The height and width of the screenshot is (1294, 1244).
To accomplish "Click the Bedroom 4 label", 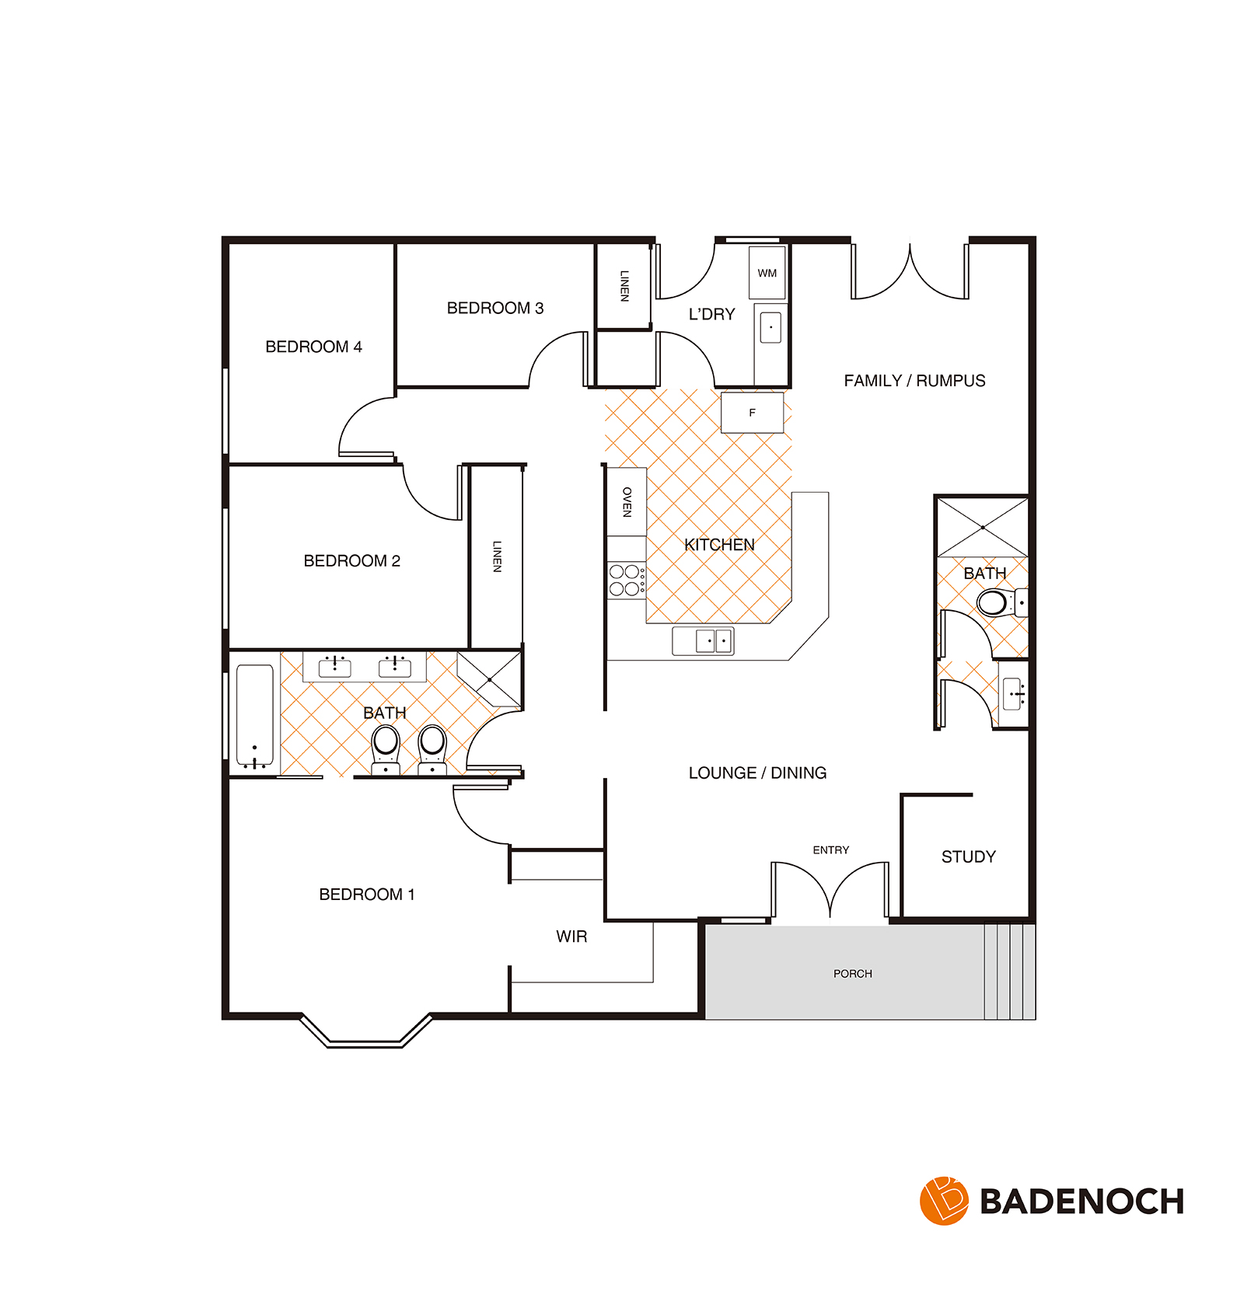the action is (313, 347).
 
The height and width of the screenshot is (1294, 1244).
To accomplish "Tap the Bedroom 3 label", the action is (495, 308).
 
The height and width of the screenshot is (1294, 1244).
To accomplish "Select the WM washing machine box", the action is (767, 273).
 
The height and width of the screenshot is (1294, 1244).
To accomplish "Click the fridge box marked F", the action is (752, 413).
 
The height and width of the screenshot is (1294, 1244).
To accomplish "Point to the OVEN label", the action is (627, 502).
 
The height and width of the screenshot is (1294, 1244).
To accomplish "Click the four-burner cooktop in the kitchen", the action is (627, 580).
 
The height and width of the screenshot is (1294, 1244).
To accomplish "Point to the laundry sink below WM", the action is (771, 327).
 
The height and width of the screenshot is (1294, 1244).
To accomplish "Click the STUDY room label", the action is (968, 856).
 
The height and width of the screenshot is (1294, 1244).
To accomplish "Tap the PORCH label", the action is (853, 974).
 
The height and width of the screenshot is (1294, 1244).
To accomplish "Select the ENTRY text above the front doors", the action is (831, 850).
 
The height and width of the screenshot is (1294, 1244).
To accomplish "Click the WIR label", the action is (571, 936).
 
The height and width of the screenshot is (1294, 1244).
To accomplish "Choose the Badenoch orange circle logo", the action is (944, 1201).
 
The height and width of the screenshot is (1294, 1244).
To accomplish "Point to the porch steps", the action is (1010, 971).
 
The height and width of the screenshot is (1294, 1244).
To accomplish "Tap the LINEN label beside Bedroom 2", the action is (497, 556).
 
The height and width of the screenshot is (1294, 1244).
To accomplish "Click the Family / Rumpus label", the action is (914, 381).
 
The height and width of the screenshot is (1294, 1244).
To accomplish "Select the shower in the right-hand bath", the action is (983, 528).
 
